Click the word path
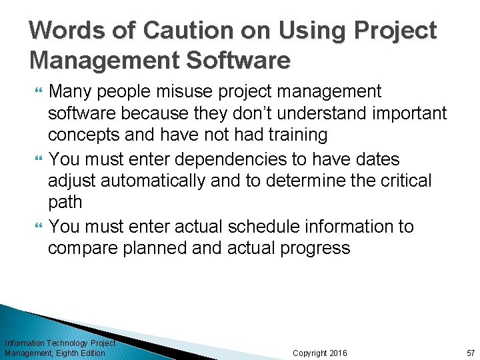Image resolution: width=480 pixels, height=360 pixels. [x=65, y=202]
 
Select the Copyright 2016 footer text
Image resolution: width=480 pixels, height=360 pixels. [x=319, y=353]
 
